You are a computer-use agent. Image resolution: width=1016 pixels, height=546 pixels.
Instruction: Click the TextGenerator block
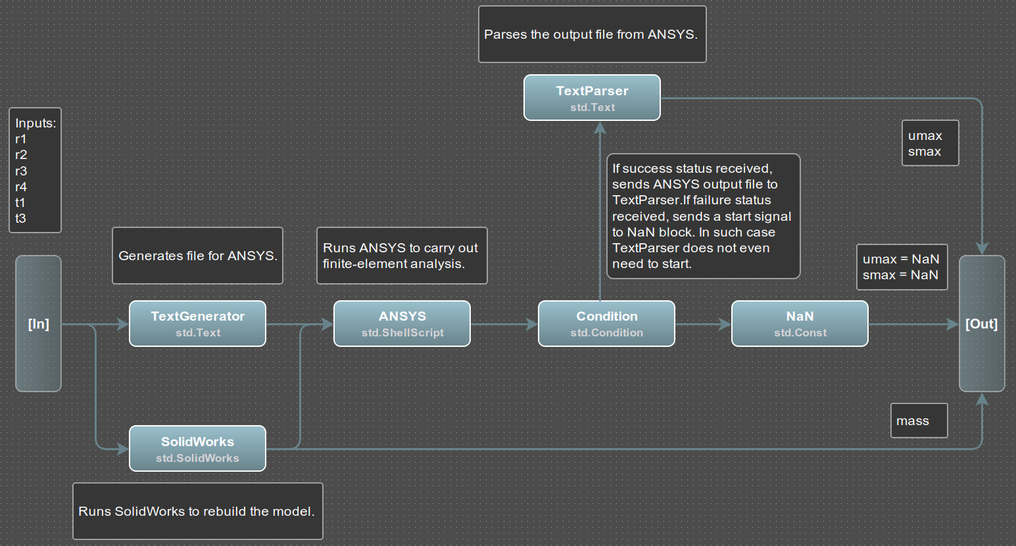tap(197, 323)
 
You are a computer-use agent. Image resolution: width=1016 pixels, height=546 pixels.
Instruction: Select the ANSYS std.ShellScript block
tap(402, 323)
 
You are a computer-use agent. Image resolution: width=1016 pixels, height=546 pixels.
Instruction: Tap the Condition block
tap(606, 323)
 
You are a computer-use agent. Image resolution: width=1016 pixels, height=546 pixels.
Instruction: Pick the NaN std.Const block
tap(800, 323)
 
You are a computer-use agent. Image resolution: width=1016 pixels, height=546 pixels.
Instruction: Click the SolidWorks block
tap(197, 449)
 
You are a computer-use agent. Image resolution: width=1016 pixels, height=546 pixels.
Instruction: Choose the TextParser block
tap(592, 97)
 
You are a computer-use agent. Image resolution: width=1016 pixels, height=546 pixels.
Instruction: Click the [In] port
tap(39, 323)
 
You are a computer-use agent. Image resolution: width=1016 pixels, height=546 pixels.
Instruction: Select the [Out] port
tap(982, 323)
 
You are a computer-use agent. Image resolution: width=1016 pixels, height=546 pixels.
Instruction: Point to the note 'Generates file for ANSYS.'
tap(197, 256)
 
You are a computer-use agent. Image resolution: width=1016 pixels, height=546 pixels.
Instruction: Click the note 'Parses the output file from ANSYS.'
tap(593, 34)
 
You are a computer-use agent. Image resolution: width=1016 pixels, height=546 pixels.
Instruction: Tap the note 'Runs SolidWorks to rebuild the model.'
tap(198, 511)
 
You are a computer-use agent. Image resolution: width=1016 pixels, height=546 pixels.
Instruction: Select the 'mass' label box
tap(919, 421)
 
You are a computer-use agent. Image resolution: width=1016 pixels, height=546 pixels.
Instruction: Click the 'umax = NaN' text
tap(901, 259)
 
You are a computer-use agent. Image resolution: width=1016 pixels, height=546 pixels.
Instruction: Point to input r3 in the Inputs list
tap(21, 171)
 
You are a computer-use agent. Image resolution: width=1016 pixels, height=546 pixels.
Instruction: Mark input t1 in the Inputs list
tap(20, 202)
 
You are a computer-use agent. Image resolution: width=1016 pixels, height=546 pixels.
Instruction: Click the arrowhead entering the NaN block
tap(725, 324)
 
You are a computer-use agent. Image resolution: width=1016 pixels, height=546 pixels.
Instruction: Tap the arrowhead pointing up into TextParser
tap(600, 127)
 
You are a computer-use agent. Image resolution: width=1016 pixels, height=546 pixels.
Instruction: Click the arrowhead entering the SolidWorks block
tap(123, 449)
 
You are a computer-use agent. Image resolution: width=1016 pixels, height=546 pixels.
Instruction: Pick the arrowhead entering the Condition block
tap(532, 324)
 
